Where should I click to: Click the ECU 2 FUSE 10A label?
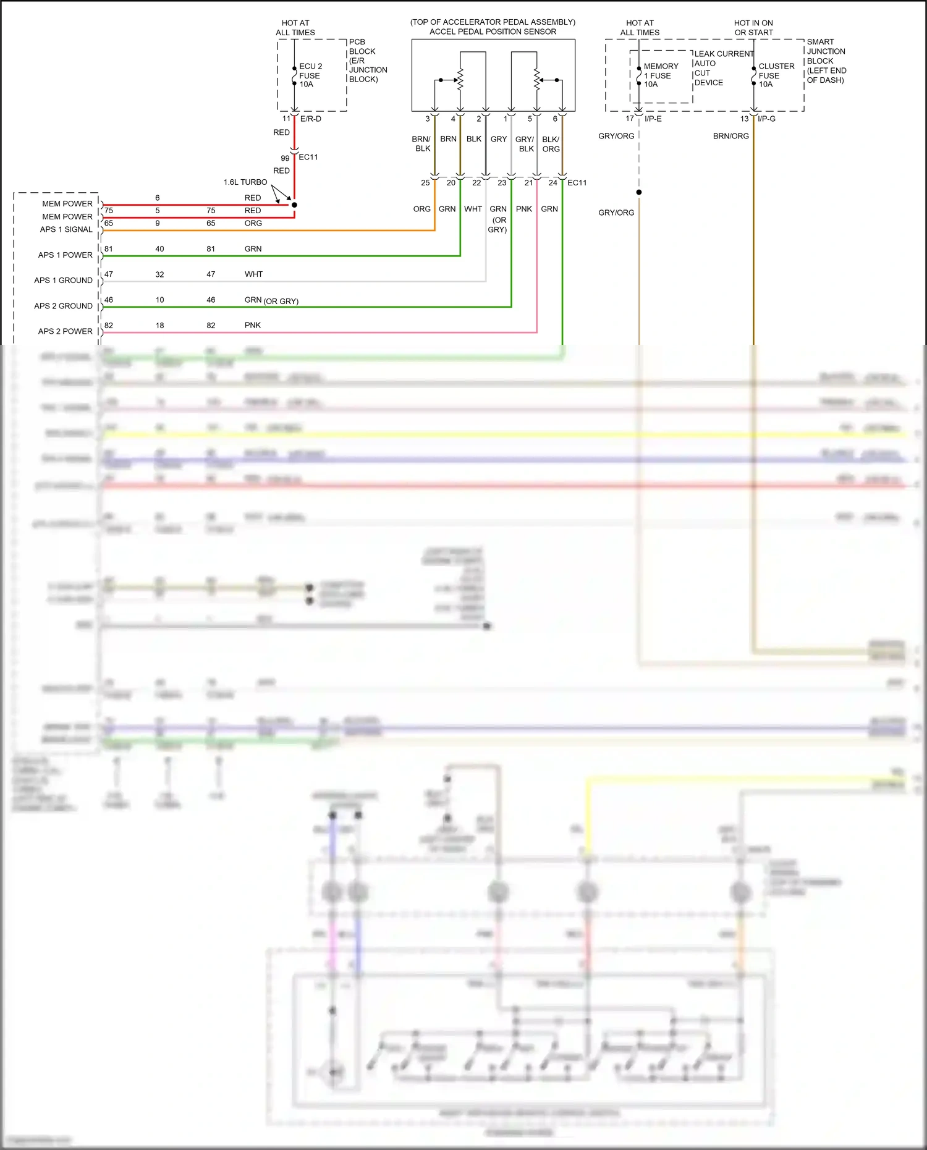point(310,75)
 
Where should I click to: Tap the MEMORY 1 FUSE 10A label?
point(660,75)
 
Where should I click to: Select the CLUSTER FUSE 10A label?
point(776,75)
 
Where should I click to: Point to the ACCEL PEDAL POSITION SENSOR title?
point(493,32)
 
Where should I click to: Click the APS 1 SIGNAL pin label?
point(66,229)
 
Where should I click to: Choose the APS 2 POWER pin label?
point(65,331)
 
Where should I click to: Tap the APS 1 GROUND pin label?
point(63,280)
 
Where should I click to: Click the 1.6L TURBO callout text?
point(245,182)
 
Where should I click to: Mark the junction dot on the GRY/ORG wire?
point(639,192)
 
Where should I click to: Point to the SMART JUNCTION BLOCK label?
point(826,61)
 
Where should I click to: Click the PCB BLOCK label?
point(367,61)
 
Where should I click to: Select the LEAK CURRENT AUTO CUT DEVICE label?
point(722,68)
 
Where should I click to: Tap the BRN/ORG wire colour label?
point(730,136)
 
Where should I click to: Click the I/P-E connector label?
point(653,119)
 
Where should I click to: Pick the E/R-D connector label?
point(310,119)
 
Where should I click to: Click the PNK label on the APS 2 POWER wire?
point(253,325)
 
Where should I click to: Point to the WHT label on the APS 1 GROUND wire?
point(253,274)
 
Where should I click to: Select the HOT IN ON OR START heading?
point(753,28)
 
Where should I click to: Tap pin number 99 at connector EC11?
point(285,158)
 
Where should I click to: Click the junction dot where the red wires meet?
point(294,205)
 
